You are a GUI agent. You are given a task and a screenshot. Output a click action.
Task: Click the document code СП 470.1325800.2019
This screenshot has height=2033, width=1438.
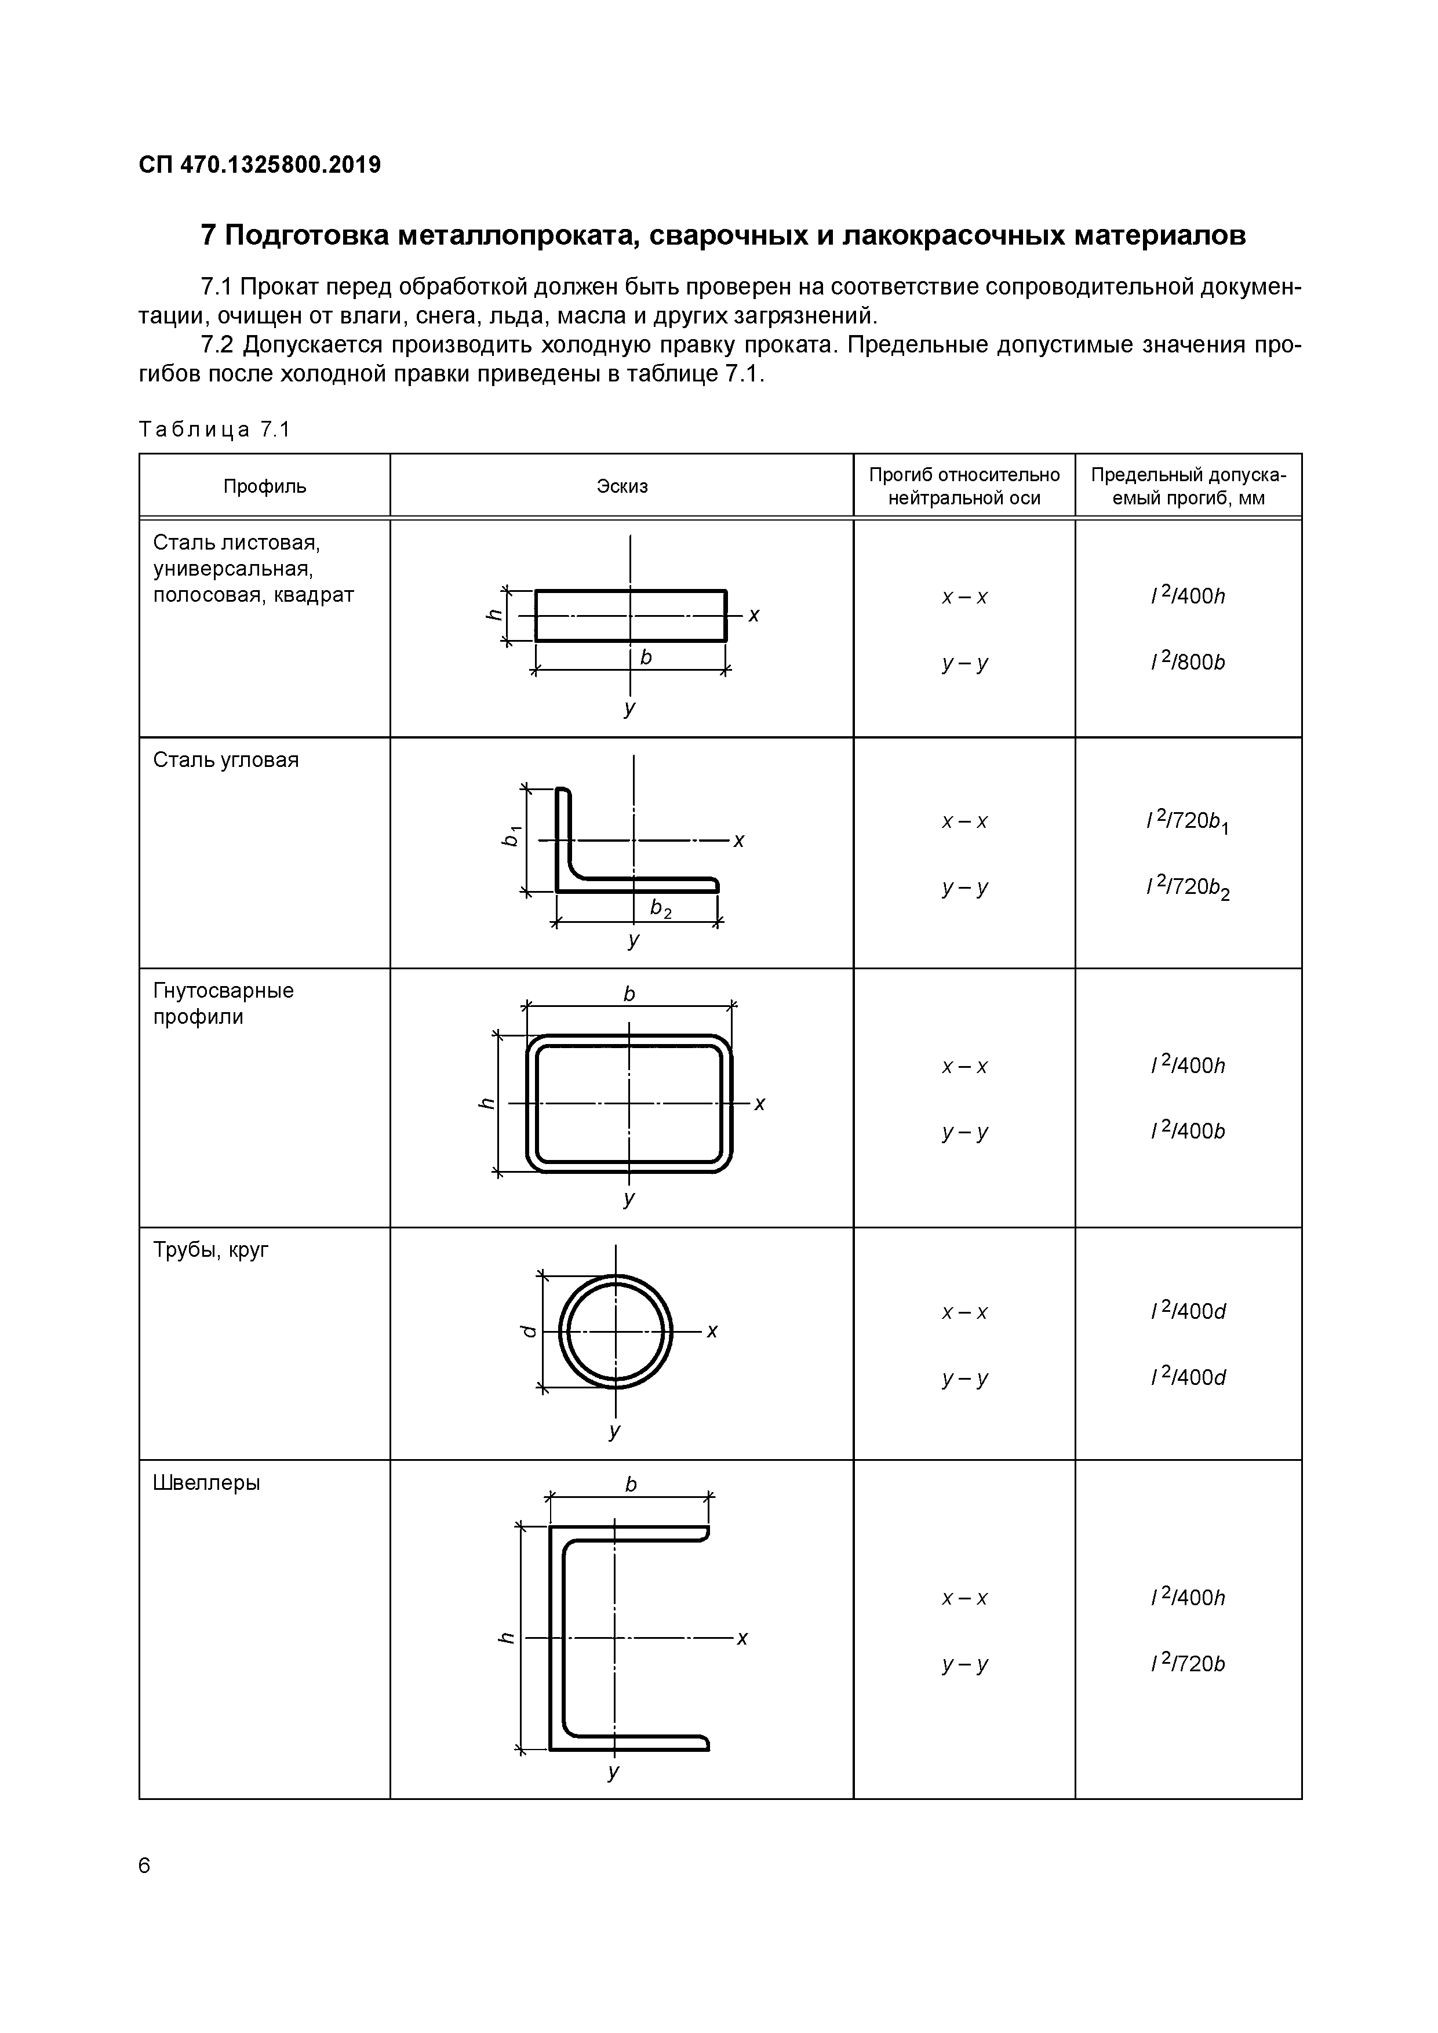pos(260,165)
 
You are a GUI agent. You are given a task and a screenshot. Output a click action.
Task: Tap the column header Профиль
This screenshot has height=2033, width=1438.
pos(265,486)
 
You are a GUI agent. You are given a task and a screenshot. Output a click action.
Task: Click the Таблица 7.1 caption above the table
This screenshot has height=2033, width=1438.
pos(214,430)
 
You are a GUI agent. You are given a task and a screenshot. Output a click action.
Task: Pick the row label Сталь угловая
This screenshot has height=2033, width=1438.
pos(226,760)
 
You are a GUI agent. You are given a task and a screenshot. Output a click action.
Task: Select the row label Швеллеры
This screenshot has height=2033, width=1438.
pos(206,1482)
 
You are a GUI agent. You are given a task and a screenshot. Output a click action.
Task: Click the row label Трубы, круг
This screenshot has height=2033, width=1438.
pos(211,1249)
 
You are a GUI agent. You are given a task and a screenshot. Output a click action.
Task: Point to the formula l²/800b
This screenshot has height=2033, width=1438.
pos(1188,663)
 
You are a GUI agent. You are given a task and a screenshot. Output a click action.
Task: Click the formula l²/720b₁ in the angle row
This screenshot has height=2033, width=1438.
pos(1188,821)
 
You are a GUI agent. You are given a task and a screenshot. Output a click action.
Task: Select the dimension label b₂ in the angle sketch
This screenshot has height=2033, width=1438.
pos(661,908)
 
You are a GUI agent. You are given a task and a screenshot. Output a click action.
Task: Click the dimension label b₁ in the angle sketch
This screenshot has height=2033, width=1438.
pos(511,835)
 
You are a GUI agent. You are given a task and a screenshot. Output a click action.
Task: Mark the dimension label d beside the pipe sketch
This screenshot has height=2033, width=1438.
pos(527,1332)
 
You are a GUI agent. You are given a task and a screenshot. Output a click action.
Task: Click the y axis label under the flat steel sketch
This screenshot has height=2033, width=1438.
pos(629,708)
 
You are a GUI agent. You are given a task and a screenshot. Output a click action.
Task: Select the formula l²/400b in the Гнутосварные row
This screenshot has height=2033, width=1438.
pos(1188,1131)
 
